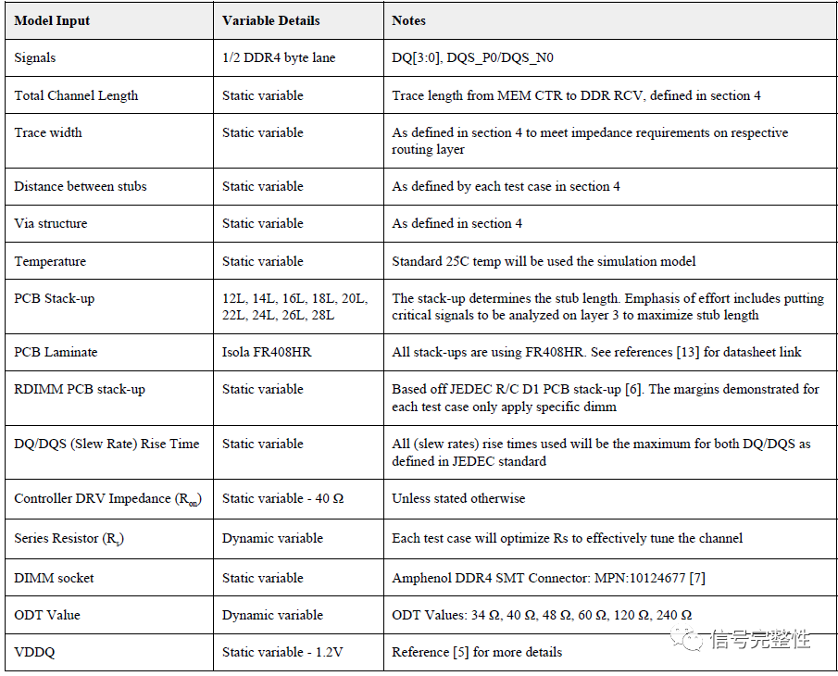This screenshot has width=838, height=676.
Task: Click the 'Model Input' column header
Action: click(x=52, y=20)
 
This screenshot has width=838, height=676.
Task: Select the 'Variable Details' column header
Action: click(x=270, y=20)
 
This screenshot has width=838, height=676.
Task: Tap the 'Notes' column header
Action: click(x=409, y=20)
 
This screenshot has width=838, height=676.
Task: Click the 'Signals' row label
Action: click(x=35, y=57)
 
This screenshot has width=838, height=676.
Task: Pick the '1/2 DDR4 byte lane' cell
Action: click(x=279, y=57)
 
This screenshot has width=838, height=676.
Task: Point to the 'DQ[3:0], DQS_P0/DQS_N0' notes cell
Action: click(x=473, y=57)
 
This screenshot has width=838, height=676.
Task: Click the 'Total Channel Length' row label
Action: click(x=76, y=95)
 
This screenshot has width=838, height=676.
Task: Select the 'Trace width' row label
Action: click(x=48, y=132)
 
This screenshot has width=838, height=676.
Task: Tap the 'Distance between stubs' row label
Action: click(x=81, y=186)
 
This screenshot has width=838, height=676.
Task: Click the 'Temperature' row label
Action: click(x=50, y=261)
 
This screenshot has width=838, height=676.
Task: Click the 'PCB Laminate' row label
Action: click(x=56, y=352)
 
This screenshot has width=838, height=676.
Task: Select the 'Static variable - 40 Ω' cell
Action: click(x=282, y=498)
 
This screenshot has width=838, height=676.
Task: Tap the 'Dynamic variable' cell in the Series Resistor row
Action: click(x=272, y=537)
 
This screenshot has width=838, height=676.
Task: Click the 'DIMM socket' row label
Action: click(x=54, y=578)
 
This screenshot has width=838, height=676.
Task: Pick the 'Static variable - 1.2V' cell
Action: click(x=282, y=652)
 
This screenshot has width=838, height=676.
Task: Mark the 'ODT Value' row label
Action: click(x=47, y=615)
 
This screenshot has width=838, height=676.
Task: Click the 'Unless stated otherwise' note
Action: click(x=458, y=498)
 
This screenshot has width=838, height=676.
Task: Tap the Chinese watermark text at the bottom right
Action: click(x=759, y=639)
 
